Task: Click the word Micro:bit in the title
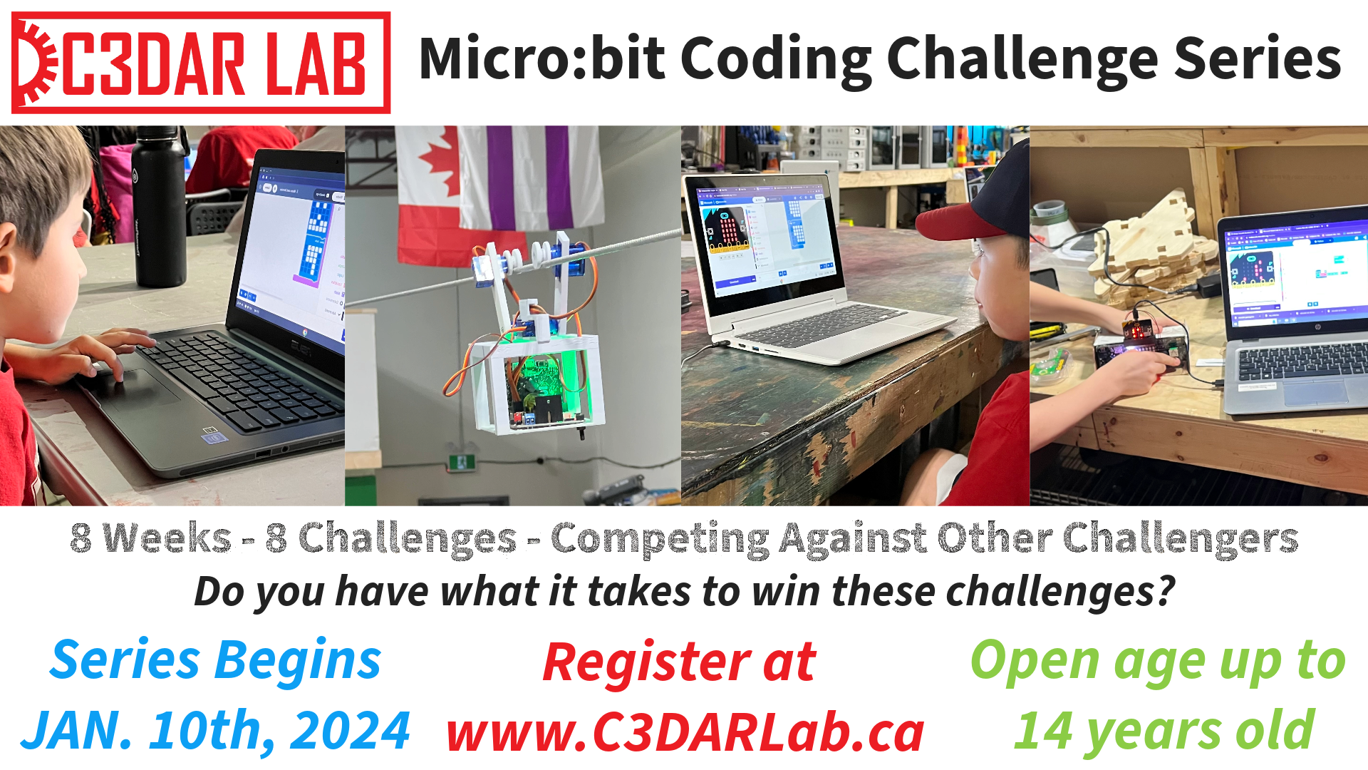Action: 542,59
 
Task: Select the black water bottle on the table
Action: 160,207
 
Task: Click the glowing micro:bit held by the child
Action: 1139,329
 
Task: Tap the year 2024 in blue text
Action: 350,731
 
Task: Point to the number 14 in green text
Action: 1043,731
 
